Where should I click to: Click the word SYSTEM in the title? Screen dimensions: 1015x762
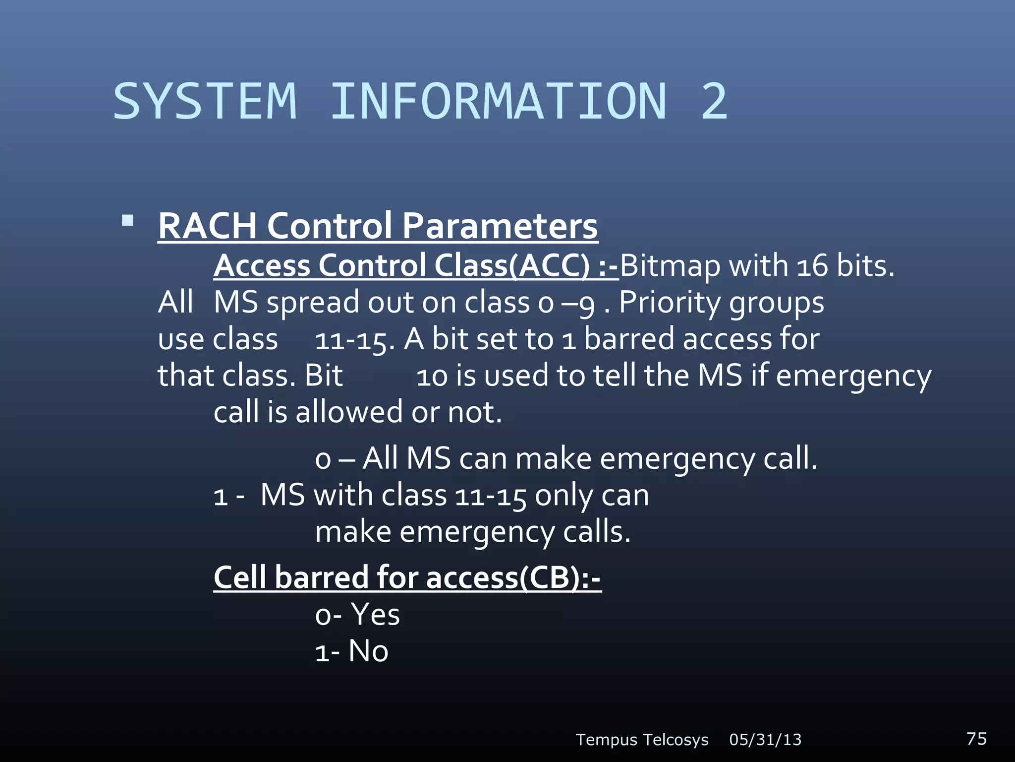pos(205,101)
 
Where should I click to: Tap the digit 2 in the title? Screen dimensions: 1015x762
pos(714,101)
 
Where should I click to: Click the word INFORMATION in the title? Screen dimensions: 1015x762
pos(498,101)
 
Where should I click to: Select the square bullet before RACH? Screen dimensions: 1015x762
pos(128,220)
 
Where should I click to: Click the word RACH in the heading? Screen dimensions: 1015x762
pos(207,226)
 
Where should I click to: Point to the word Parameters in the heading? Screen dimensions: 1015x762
pos(500,226)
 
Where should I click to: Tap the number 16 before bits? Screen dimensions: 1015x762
pos(812,266)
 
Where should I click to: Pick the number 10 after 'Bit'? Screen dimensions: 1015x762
pos(432,376)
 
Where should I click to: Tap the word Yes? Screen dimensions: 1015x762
pos(375,615)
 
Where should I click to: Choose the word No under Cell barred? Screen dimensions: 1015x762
pos(368,651)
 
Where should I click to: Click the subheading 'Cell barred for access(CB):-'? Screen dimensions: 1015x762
pos(407,578)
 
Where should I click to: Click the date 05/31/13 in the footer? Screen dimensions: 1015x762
pos(765,740)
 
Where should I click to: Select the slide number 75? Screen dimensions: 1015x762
pos(976,738)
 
